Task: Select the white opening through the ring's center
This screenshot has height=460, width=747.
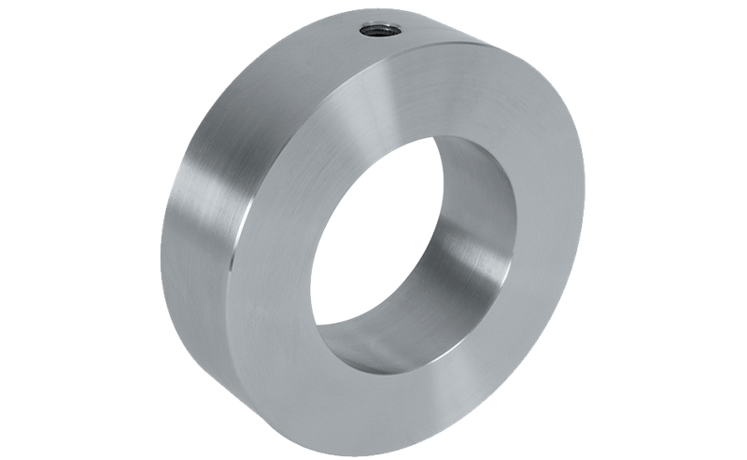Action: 373,233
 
